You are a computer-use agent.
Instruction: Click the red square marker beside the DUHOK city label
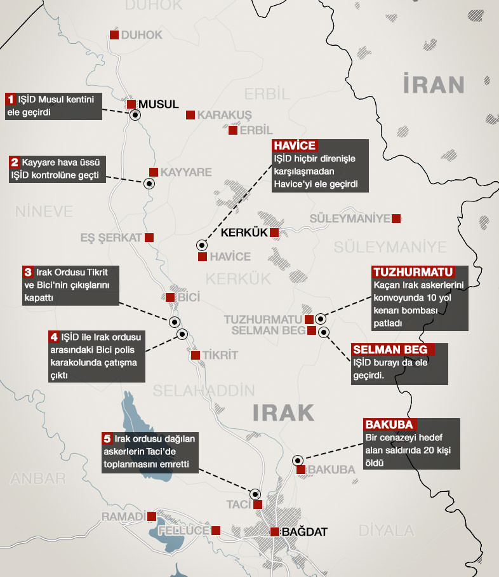[x=114, y=35]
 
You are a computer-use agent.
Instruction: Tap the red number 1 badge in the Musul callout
[x=11, y=99]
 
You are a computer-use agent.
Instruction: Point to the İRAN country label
[x=434, y=84]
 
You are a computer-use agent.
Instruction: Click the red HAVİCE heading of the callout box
[x=295, y=146]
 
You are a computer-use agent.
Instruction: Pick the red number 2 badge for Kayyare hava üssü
[x=15, y=162]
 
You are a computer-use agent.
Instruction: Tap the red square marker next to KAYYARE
[x=153, y=172]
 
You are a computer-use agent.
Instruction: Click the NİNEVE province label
[x=44, y=211]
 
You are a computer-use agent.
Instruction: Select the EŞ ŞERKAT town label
[x=110, y=238]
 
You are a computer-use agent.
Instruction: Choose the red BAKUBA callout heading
[x=390, y=424]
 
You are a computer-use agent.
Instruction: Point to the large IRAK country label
[x=283, y=412]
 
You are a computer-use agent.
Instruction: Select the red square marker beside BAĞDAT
[x=274, y=532]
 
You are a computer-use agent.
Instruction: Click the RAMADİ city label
[x=123, y=516]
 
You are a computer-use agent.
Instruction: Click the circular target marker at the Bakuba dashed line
[x=298, y=460]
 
